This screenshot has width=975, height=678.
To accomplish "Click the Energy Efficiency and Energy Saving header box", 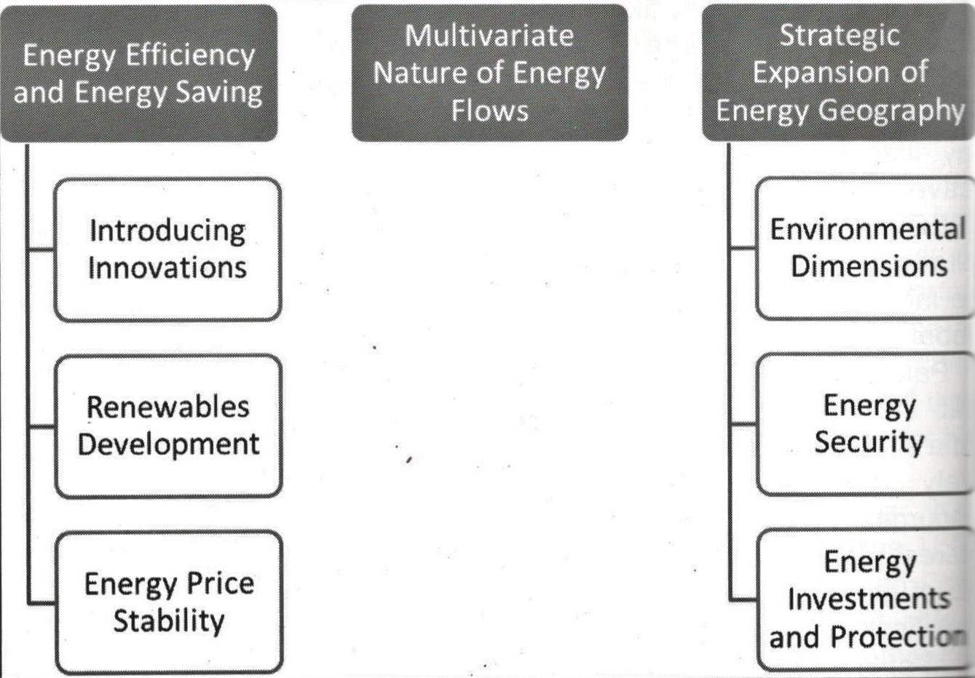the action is (139, 73).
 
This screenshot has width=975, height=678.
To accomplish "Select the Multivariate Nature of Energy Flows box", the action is (489, 73).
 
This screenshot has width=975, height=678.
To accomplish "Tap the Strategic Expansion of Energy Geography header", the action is (839, 73).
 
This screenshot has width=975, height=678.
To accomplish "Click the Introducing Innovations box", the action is (167, 250).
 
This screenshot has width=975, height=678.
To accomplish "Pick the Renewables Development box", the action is (168, 426).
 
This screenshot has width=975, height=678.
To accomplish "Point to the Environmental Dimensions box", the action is (865, 248).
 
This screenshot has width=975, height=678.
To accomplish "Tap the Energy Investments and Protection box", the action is (867, 601).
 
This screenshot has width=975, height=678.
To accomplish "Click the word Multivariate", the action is (489, 36).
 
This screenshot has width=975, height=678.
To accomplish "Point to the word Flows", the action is (489, 111).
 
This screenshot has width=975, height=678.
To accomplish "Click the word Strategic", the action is (839, 36).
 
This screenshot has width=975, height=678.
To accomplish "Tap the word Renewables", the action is (168, 407).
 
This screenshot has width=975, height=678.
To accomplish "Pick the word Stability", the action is (169, 622).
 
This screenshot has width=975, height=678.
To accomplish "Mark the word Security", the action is (869, 443).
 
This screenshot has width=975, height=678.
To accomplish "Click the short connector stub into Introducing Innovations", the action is (42, 250).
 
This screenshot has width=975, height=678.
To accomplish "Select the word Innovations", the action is (167, 268).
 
